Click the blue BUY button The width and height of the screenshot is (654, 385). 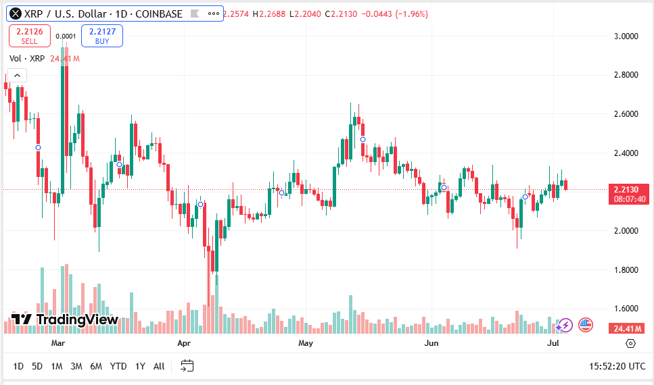(102, 36)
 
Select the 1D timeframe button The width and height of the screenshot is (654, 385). (18, 366)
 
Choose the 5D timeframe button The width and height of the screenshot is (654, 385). (37, 366)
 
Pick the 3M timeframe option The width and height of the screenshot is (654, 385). (76, 366)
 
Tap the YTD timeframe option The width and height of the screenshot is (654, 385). (118, 366)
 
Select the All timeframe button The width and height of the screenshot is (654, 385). (159, 366)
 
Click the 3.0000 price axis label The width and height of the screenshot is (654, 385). (626, 36)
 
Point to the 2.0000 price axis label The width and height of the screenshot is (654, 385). (626, 231)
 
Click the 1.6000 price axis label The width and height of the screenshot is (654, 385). (626, 309)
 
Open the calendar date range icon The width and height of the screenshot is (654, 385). (187, 366)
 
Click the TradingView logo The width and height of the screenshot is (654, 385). (65, 319)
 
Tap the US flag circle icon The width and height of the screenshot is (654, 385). (586, 326)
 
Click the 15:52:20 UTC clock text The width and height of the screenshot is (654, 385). (617, 366)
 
